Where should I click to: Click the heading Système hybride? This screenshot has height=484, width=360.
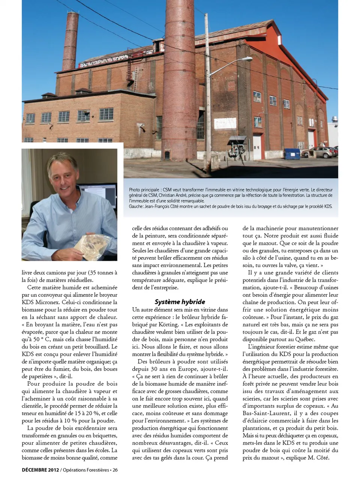coord(180,302)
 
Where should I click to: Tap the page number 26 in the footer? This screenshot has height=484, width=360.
coord(115,470)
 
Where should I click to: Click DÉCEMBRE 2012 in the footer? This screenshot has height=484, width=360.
coord(40,470)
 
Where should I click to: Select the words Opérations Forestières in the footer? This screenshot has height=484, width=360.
coord(86,470)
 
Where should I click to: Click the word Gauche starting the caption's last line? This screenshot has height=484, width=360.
coord(136,206)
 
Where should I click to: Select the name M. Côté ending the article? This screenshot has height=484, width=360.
coord(318,458)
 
